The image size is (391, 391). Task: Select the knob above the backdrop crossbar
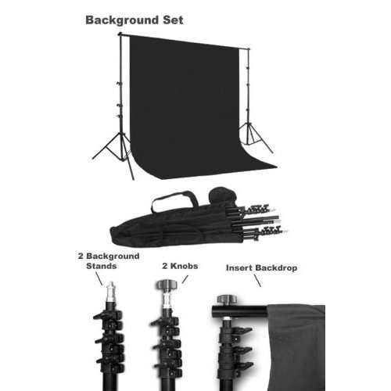click(227, 298)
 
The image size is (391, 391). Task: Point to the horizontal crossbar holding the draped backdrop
click(235, 311)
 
